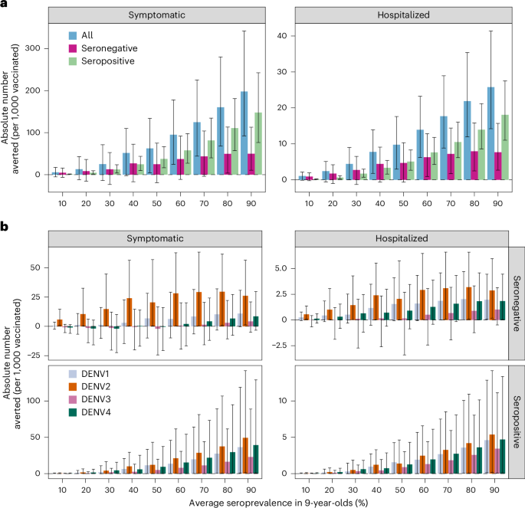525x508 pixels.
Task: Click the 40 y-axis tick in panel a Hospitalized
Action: (282, 35)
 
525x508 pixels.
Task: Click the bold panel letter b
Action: (5, 227)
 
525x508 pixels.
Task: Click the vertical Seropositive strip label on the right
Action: (516, 421)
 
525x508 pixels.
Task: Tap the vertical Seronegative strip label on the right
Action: (516, 302)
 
